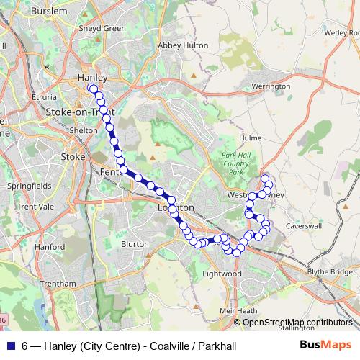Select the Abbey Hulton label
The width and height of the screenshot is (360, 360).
183,45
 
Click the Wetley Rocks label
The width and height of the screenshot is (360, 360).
341,32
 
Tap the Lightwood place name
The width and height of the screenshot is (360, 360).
221,274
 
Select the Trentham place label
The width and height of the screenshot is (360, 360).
59,284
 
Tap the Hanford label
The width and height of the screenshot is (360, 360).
50,246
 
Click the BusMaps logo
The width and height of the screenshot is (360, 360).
326,345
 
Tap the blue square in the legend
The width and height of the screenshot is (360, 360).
11,346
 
